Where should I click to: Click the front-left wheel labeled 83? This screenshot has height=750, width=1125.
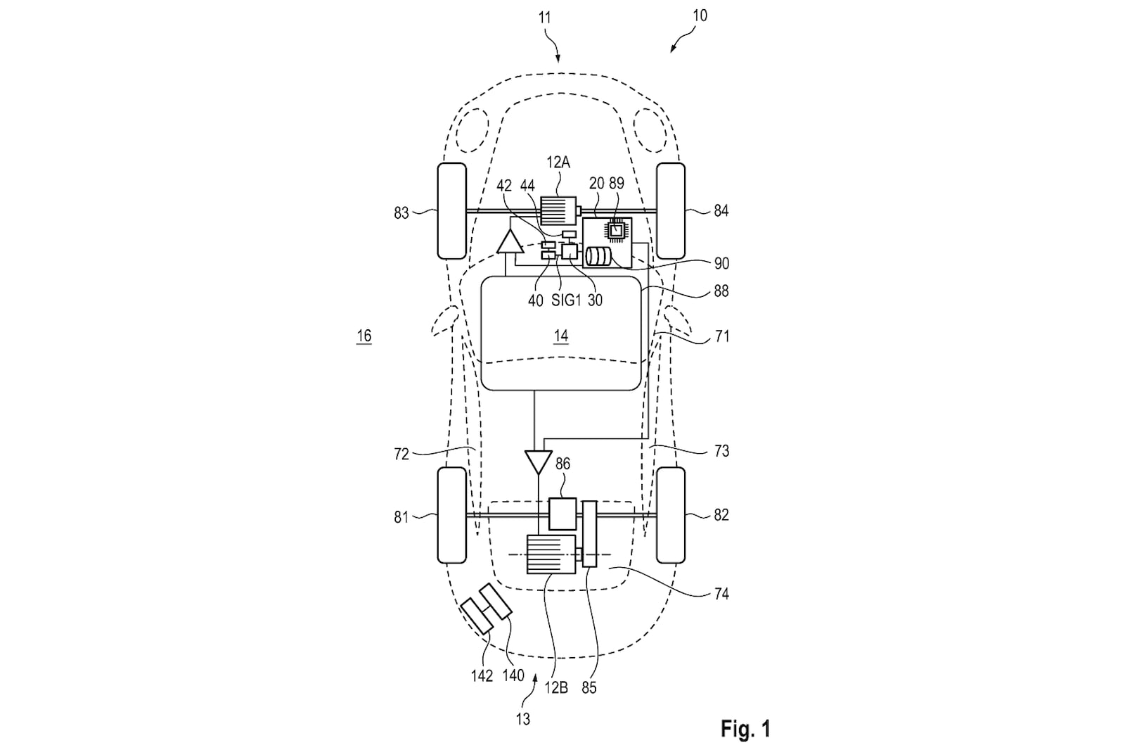(x=452, y=211)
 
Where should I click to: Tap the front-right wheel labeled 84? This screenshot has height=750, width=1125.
(x=671, y=211)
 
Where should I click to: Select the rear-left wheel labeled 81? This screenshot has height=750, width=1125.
(x=452, y=515)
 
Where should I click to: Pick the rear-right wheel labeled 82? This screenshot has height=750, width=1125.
(x=671, y=515)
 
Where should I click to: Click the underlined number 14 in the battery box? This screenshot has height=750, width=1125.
(x=561, y=336)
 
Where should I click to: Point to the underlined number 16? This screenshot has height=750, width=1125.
(x=364, y=336)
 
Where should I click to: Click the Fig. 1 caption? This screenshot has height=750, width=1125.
(x=745, y=728)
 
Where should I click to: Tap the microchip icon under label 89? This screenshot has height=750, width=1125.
(x=616, y=230)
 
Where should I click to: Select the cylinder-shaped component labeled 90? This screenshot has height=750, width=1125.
(x=598, y=257)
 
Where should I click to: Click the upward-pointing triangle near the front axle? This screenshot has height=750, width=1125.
(x=510, y=242)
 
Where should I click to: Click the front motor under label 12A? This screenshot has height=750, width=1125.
(x=558, y=210)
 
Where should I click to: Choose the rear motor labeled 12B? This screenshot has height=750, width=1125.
(x=551, y=554)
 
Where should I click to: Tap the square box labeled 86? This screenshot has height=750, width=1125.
(x=562, y=514)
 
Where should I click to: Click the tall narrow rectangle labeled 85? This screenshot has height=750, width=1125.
(x=590, y=534)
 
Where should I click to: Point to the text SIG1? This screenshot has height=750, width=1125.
(x=566, y=300)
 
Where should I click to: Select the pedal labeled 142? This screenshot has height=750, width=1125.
(x=477, y=616)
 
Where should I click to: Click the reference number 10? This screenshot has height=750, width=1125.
(x=700, y=16)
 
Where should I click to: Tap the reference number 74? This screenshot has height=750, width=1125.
(x=721, y=595)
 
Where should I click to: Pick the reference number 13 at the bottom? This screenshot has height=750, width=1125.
(x=523, y=719)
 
